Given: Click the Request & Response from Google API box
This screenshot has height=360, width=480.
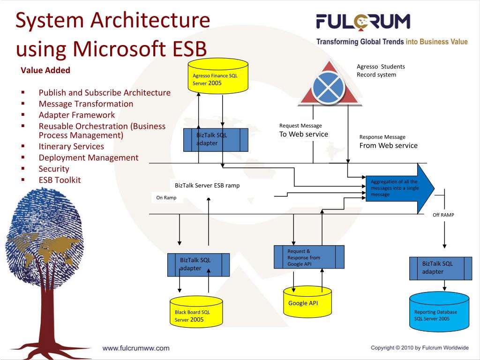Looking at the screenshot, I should [309, 257].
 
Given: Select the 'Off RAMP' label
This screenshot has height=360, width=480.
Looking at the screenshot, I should [443, 215].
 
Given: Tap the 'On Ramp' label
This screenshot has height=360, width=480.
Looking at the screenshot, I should [166, 198].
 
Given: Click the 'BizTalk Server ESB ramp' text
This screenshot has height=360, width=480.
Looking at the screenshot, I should [207, 186].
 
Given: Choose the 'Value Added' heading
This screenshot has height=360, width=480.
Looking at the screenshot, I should [45, 70].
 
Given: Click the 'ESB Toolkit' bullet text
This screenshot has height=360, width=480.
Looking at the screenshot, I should [60, 180].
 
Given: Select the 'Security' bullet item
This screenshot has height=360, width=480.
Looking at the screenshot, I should [54, 169].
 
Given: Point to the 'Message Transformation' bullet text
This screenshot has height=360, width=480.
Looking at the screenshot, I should [86, 104].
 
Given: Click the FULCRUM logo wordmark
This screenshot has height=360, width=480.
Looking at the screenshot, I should [363, 22].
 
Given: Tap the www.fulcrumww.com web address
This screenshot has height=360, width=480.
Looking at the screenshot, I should [136, 348].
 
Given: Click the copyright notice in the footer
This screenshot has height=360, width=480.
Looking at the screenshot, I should [420, 348].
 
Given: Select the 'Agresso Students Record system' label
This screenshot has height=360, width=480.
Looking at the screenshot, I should [381, 71].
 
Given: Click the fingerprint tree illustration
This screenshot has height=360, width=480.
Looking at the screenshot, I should [45, 262].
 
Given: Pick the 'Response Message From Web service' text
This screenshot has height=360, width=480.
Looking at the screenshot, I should [388, 142].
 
